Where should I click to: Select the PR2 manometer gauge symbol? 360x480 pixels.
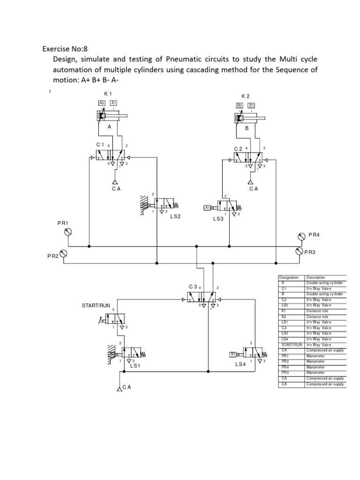tap(64, 254)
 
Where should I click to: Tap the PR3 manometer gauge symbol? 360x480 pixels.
tap(299, 251)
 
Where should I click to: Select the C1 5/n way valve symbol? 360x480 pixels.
tap(109, 155)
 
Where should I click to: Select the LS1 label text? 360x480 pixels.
tap(135, 366)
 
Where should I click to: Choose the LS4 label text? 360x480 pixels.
tap(241, 364)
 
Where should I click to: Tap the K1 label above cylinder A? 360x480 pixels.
tap(108, 94)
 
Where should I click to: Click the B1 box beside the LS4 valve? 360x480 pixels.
tap(233, 354)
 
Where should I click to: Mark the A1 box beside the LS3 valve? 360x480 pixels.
tap(208, 207)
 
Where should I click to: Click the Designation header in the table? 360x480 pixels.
tap(289, 277)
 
